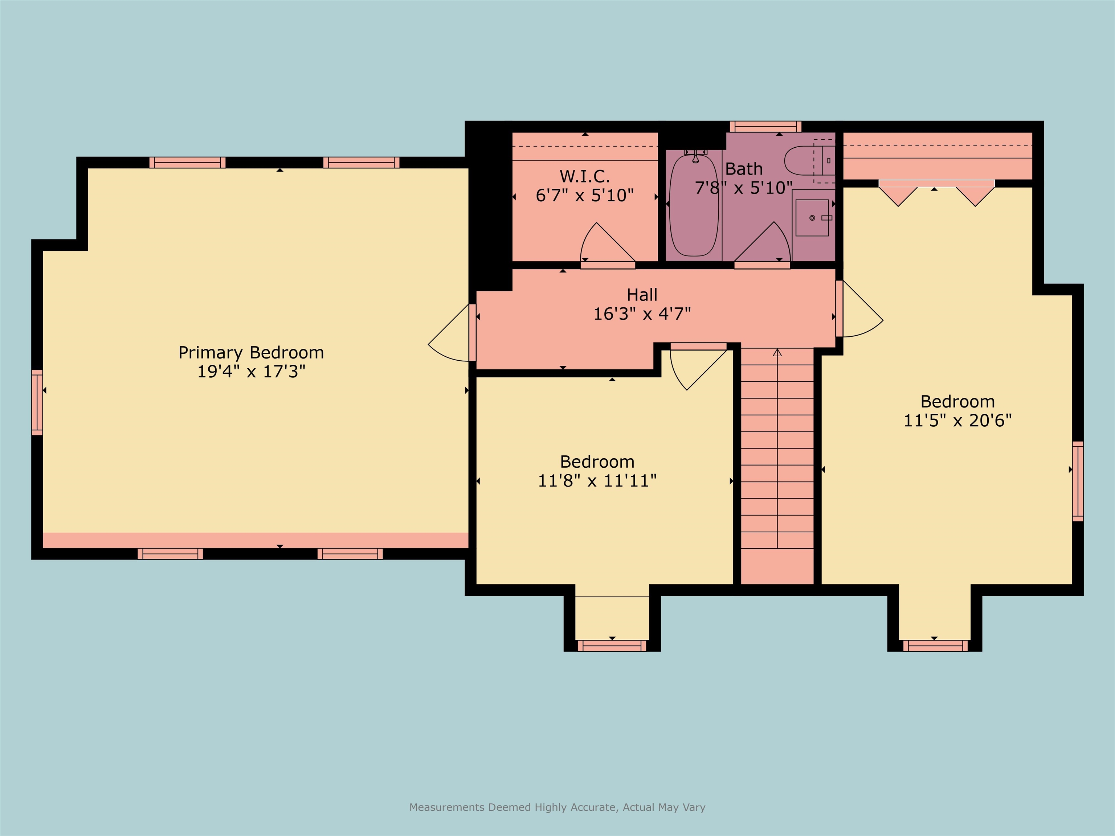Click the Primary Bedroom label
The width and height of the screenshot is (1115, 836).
coord(251,353)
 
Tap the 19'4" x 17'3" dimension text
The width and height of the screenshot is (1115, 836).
coord(251,372)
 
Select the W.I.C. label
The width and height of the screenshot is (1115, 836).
coord(584,176)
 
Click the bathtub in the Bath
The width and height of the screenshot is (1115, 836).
coord(694,206)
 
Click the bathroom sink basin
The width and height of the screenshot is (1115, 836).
coord(812,218)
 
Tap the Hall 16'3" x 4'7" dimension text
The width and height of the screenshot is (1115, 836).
coord(642,314)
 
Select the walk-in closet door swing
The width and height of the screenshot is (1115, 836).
coord(605,245)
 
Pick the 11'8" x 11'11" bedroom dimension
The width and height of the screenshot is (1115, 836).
coord(597,481)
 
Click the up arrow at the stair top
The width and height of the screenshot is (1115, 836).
coord(777,353)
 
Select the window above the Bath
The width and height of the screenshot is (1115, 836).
coord(765,126)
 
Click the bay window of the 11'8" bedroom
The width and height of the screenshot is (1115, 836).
coord(612,646)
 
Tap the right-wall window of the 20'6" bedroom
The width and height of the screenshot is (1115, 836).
coord(1077,481)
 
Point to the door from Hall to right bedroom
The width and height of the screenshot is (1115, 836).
coord(859,312)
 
